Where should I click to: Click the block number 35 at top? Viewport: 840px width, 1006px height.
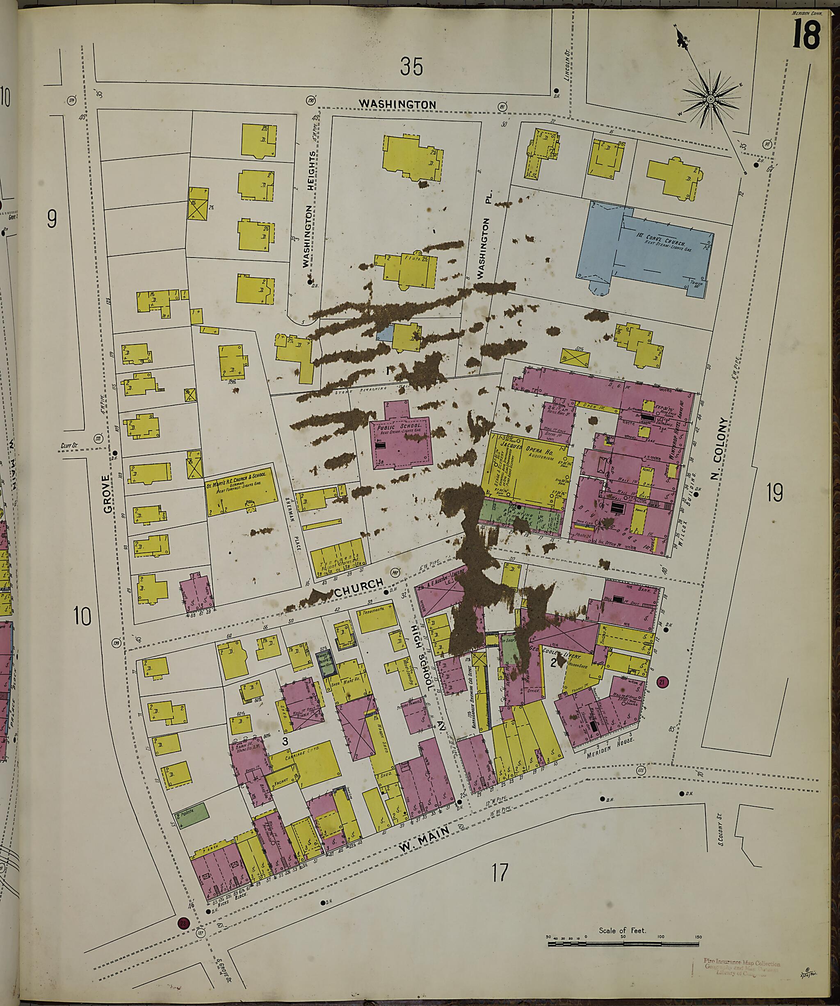coord(412,67)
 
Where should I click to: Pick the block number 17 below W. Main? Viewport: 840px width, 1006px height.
coord(498,872)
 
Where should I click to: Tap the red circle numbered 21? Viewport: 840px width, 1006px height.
coord(663,683)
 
